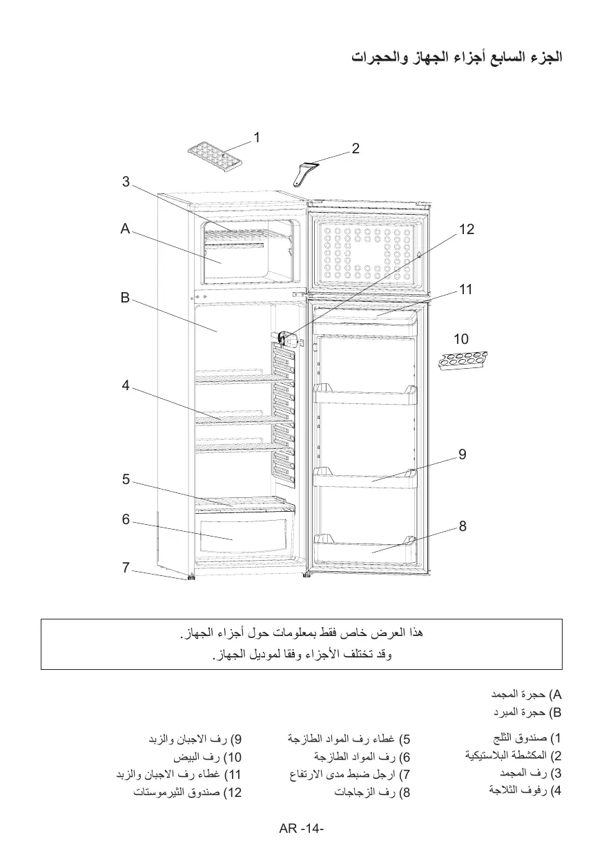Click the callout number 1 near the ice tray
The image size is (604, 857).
tap(256, 137)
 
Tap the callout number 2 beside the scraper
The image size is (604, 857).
tap(355, 148)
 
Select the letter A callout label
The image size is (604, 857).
tap(125, 229)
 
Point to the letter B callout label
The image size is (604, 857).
tap(125, 298)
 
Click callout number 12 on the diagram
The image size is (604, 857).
tap(467, 229)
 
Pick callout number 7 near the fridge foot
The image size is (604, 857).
tap(126, 568)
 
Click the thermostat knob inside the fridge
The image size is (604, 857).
tap(286, 339)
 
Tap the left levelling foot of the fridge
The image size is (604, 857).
tap(188, 577)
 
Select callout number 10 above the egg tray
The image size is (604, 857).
tap(461, 339)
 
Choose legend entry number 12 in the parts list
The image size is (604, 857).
tap(177, 792)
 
